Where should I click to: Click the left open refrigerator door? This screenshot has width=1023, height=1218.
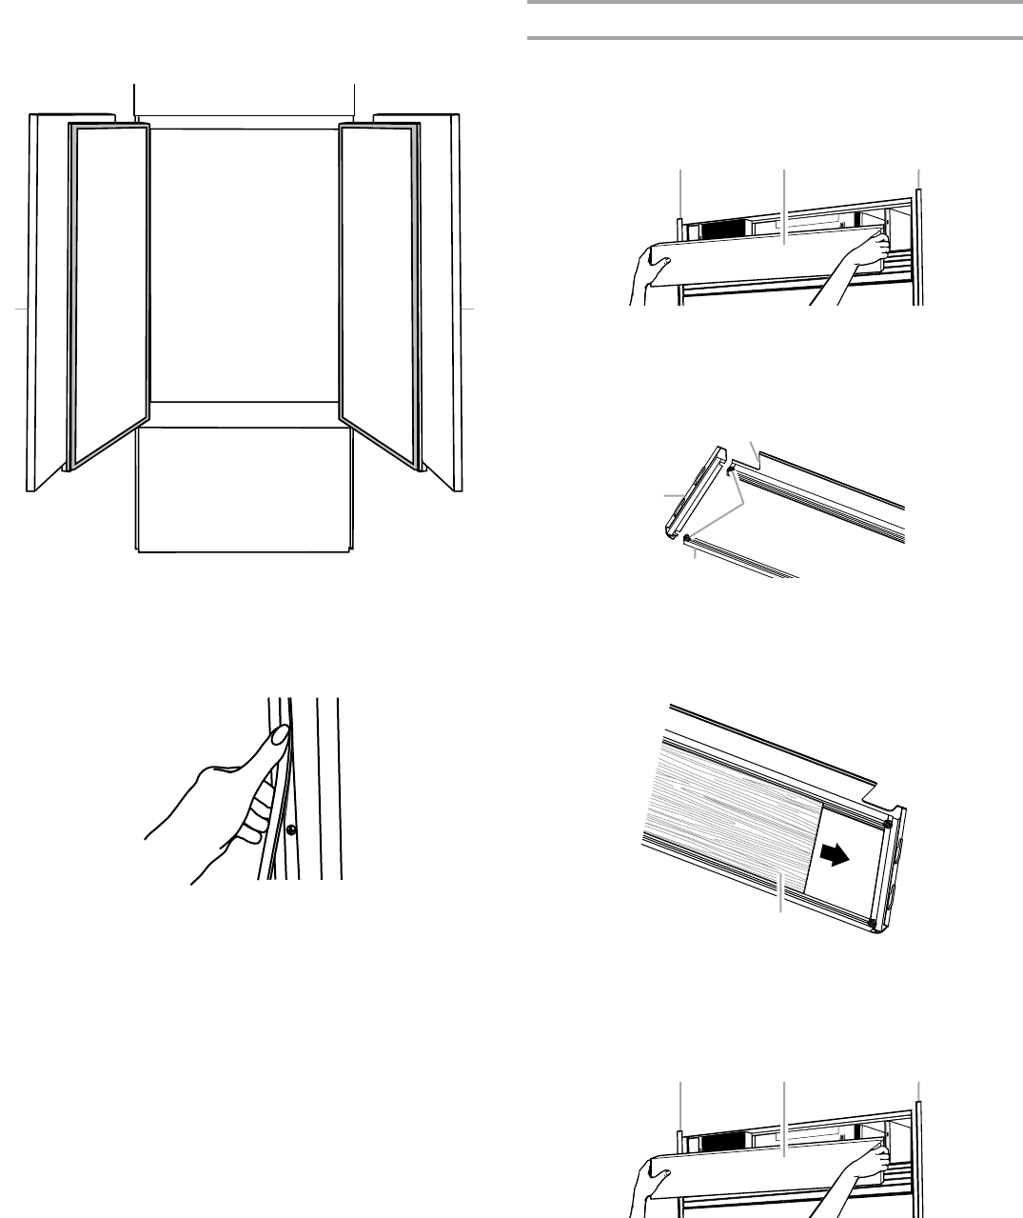(109, 295)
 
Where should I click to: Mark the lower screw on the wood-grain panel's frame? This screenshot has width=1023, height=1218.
(873, 922)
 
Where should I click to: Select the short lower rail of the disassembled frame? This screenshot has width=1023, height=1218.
(742, 562)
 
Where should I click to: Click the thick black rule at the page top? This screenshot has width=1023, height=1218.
(774, 3)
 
